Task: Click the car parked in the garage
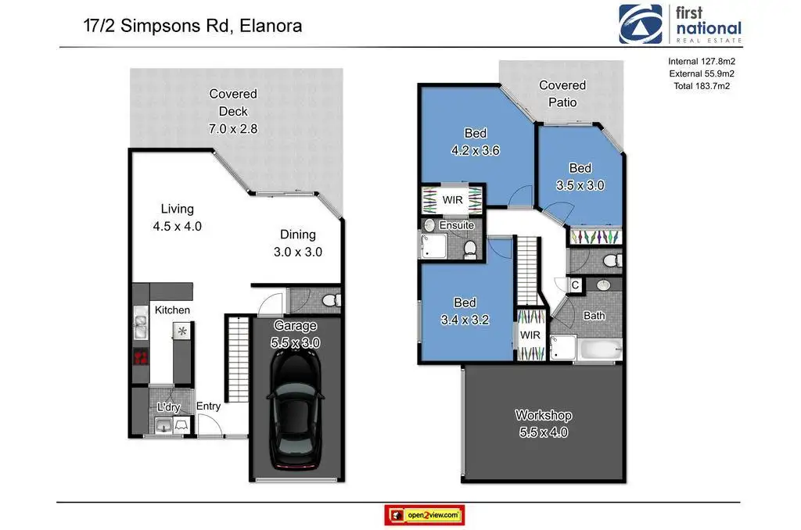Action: (295, 409)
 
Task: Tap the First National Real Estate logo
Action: (680, 24)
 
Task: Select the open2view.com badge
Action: (425, 515)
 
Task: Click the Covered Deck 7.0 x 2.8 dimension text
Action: (233, 129)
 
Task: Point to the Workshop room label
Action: (544, 415)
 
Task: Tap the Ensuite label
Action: (457, 225)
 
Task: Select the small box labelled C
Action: (575, 285)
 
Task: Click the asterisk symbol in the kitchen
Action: (181, 331)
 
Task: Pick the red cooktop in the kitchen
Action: (141, 357)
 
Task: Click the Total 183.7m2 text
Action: (702, 86)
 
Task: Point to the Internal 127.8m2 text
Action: (702, 61)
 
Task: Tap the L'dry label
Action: (169, 407)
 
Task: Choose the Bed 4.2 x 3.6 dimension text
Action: (475, 150)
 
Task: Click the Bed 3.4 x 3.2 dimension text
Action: (465, 320)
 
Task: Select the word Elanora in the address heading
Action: (271, 26)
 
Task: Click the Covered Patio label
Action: (562, 94)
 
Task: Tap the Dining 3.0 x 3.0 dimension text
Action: (298, 252)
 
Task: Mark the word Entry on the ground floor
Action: (208, 406)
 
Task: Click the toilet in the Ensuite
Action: (470, 249)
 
